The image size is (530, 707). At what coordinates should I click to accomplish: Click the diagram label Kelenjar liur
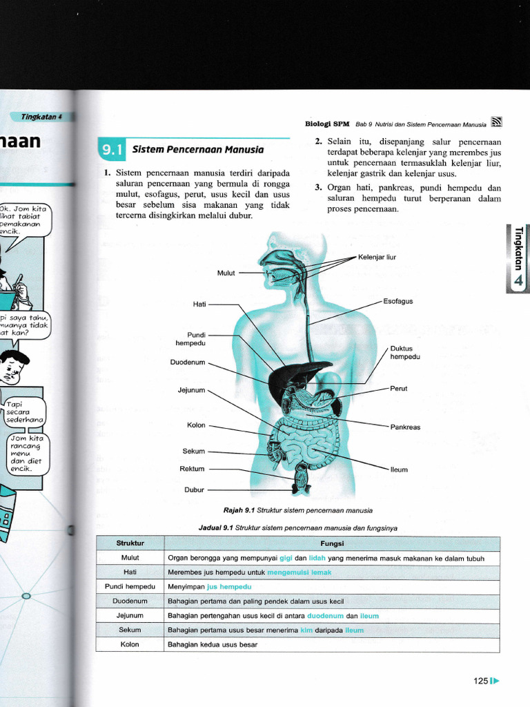(377, 258)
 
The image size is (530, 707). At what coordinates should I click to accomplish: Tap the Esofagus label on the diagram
(398, 302)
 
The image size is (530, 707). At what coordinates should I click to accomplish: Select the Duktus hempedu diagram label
(405, 353)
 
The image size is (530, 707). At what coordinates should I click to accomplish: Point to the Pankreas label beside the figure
(405, 427)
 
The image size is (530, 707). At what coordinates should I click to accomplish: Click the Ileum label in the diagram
(399, 469)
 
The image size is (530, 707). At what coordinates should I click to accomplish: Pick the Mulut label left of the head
(226, 273)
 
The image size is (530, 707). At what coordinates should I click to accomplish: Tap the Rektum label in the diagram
(192, 469)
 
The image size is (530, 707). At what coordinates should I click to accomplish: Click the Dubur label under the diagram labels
(194, 490)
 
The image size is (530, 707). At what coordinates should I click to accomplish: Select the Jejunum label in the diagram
(191, 391)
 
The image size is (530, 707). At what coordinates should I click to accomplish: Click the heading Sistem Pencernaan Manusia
(197, 149)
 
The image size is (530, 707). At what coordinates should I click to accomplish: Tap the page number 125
(480, 681)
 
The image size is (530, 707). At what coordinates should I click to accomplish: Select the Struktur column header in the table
(130, 543)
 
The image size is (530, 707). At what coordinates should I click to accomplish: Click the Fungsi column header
(332, 543)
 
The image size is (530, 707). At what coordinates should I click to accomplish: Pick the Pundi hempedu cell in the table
(130, 587)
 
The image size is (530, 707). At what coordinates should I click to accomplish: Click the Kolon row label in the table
(130, 644)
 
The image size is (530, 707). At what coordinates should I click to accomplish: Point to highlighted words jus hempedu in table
(229, 587)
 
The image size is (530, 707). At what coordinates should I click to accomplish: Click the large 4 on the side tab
(518, 280)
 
